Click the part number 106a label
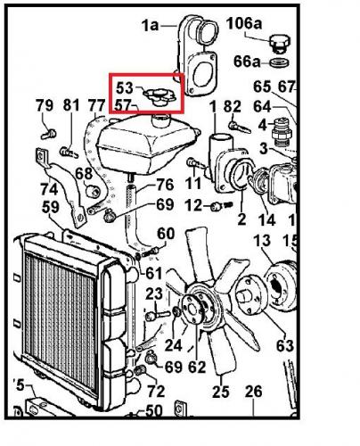pos(244,23)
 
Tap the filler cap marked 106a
pos(280,44)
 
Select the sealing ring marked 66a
pos(280,62)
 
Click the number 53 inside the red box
pos(125,88)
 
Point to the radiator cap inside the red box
pos(160,95)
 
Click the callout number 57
pos(123,105)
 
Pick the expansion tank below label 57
pos(147,144)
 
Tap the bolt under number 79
pos(48,134)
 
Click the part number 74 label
pos(49,189)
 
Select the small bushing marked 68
pos(94,192)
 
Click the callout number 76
pos(165,185)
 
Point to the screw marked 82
pos(240,127)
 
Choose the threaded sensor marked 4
pos(282,132)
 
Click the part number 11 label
pos(193,184)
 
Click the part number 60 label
pos(166,234)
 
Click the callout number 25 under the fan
pos(221,392)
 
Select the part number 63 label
pos(285,345)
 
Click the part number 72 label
pos(156,391)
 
